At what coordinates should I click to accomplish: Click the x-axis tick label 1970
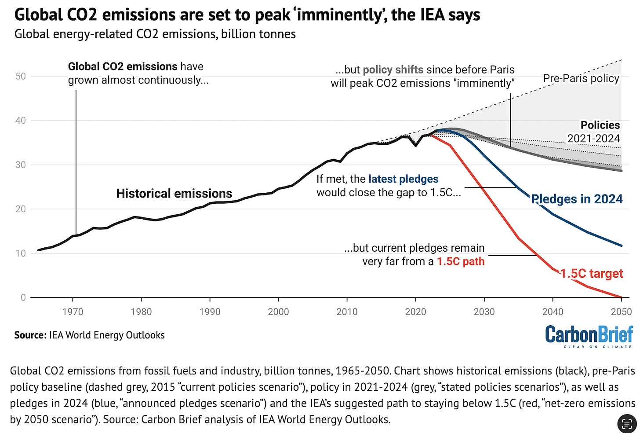pyautogui.click(x=73, y=312)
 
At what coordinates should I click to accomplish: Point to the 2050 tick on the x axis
pyautogui.click(x=621, y=312)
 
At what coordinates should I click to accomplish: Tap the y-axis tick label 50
pyautogui.click(x=21, y=76)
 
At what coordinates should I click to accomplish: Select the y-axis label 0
pyautogui.click(x=23, y=297)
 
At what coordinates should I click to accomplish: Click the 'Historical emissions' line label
pyautogui.click(x=174, y=194)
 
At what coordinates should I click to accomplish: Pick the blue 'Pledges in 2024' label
pyautogui.click(x=577, y=199)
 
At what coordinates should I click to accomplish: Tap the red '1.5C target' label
pyautogui.click(x=592, y=274)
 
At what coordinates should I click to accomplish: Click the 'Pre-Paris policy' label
pyautogui.click(x=581, y=79)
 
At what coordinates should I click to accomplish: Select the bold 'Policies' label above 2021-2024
pyautogui.click(x=600, y=125)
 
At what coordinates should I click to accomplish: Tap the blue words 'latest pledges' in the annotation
pyautogui.click(x=403, y=179)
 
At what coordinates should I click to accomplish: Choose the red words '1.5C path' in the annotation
pyautogui.click(x=461, y=261)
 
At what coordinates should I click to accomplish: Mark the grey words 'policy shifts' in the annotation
pyautogui.click(x=393, y=70)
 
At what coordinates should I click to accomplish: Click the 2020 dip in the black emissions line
pyautogui.click(x=415, y=145)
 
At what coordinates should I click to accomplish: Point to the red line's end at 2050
pyautogui.click(x=621, y=297)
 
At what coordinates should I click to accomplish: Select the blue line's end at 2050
pyautogui.click(x=621, y=246)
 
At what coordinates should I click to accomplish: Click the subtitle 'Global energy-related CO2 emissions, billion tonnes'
pyautogui.click(x=155, y=34)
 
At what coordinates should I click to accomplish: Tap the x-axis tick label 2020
pyautogui.click(x=415, y=312)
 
